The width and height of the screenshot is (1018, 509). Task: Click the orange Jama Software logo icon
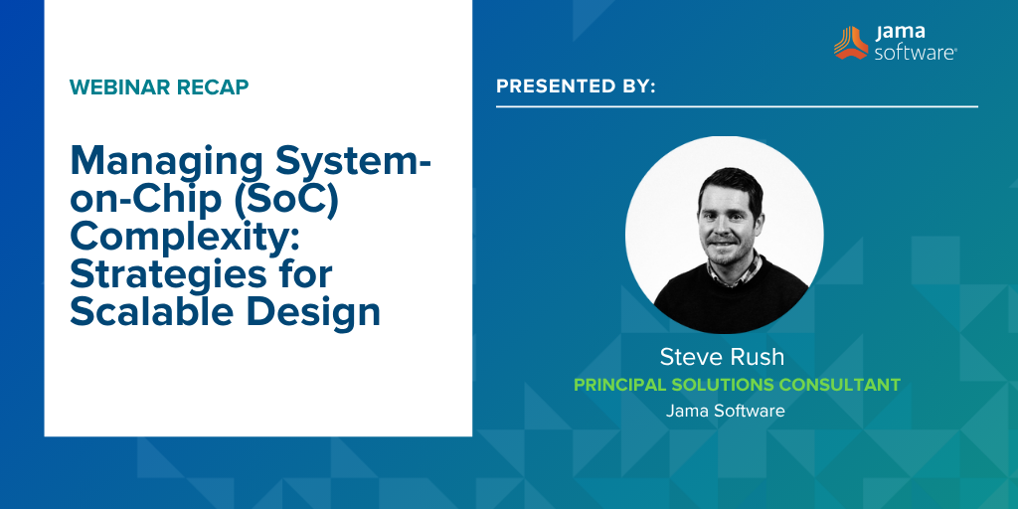point(851,43)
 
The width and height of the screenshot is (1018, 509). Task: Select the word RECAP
point(213,86)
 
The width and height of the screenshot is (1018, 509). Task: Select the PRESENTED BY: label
point(576,86)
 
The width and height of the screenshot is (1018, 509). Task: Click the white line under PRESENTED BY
point(737,106)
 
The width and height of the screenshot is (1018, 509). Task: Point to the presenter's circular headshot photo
point(724,235)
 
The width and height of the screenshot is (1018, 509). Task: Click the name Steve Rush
point(723,357)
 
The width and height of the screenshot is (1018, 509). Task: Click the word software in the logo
point(915,53)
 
